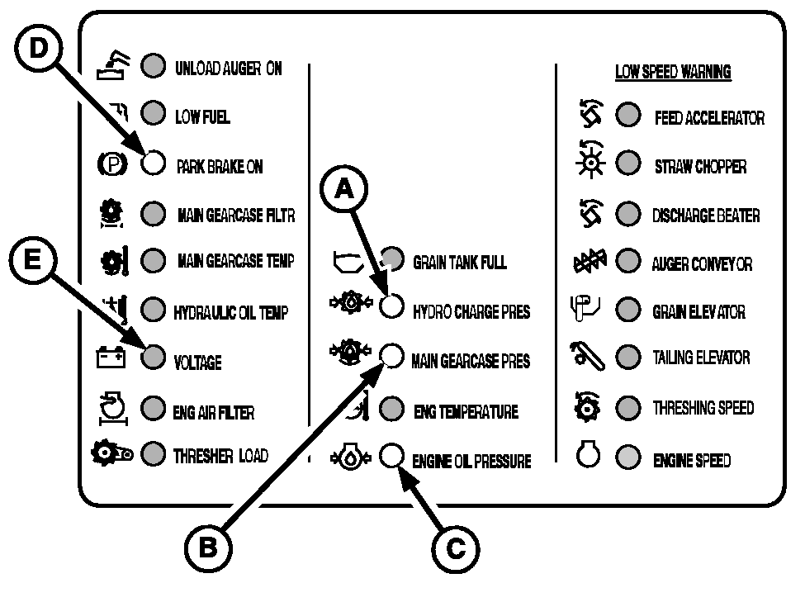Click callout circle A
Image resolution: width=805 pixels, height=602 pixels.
346,189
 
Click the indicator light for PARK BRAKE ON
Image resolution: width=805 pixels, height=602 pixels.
153,164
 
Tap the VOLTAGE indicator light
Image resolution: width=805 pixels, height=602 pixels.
153,358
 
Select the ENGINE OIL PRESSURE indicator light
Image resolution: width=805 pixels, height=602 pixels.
391,456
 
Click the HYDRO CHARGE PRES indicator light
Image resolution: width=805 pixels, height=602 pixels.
391,307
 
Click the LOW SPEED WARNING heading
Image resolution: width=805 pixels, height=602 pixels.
673,73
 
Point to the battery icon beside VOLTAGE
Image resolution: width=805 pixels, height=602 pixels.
111,358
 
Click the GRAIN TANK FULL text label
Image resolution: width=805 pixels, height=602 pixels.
459,263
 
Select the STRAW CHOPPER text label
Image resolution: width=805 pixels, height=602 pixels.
700,166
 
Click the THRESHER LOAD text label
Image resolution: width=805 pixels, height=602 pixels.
220,455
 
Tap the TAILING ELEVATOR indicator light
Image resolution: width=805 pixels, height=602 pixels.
629,358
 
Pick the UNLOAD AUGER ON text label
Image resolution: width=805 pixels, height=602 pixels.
228,69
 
